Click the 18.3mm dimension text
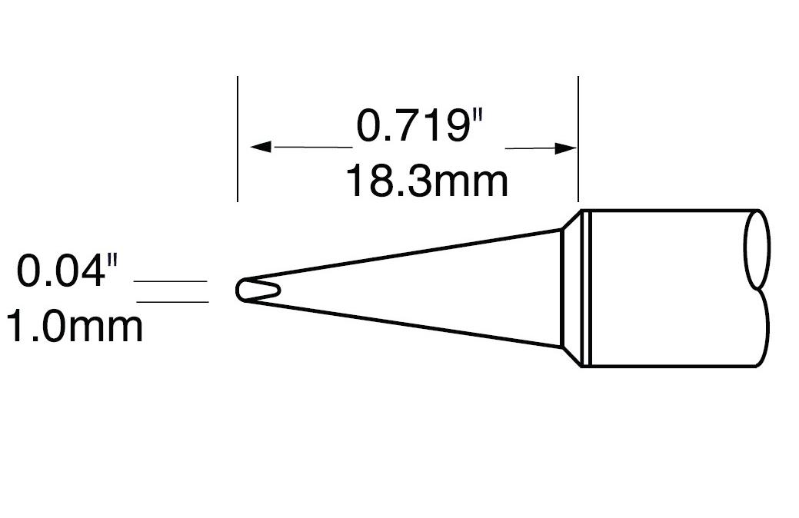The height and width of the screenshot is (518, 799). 425,182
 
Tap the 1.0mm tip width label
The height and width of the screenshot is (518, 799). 74,326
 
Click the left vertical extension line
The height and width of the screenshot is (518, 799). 238,138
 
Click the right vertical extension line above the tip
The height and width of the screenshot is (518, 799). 578,138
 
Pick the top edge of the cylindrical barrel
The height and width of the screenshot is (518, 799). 669,210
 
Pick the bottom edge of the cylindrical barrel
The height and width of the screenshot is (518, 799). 669,367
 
